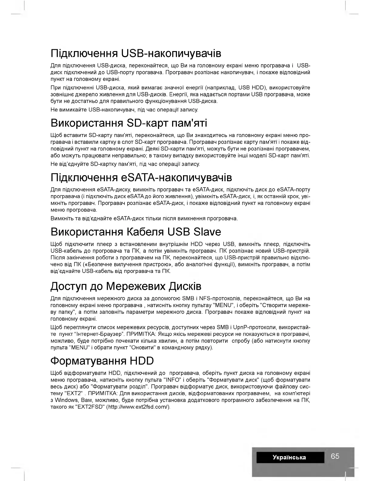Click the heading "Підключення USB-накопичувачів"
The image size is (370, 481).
tap(136, 53)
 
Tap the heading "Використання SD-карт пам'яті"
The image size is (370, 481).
tap(129, 123)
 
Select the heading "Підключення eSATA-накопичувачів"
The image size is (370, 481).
tap(141, 177)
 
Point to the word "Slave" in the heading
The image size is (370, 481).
tap(207, 232)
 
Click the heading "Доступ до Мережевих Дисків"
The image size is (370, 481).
tap(126, 286)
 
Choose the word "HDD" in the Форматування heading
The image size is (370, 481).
tap(142, 361)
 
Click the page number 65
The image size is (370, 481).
tap(335, 456)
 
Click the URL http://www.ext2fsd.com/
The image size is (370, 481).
tap(138, 407)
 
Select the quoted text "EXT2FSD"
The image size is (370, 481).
tap(89, 407)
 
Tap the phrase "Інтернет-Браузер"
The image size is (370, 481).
tap(105, 334)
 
